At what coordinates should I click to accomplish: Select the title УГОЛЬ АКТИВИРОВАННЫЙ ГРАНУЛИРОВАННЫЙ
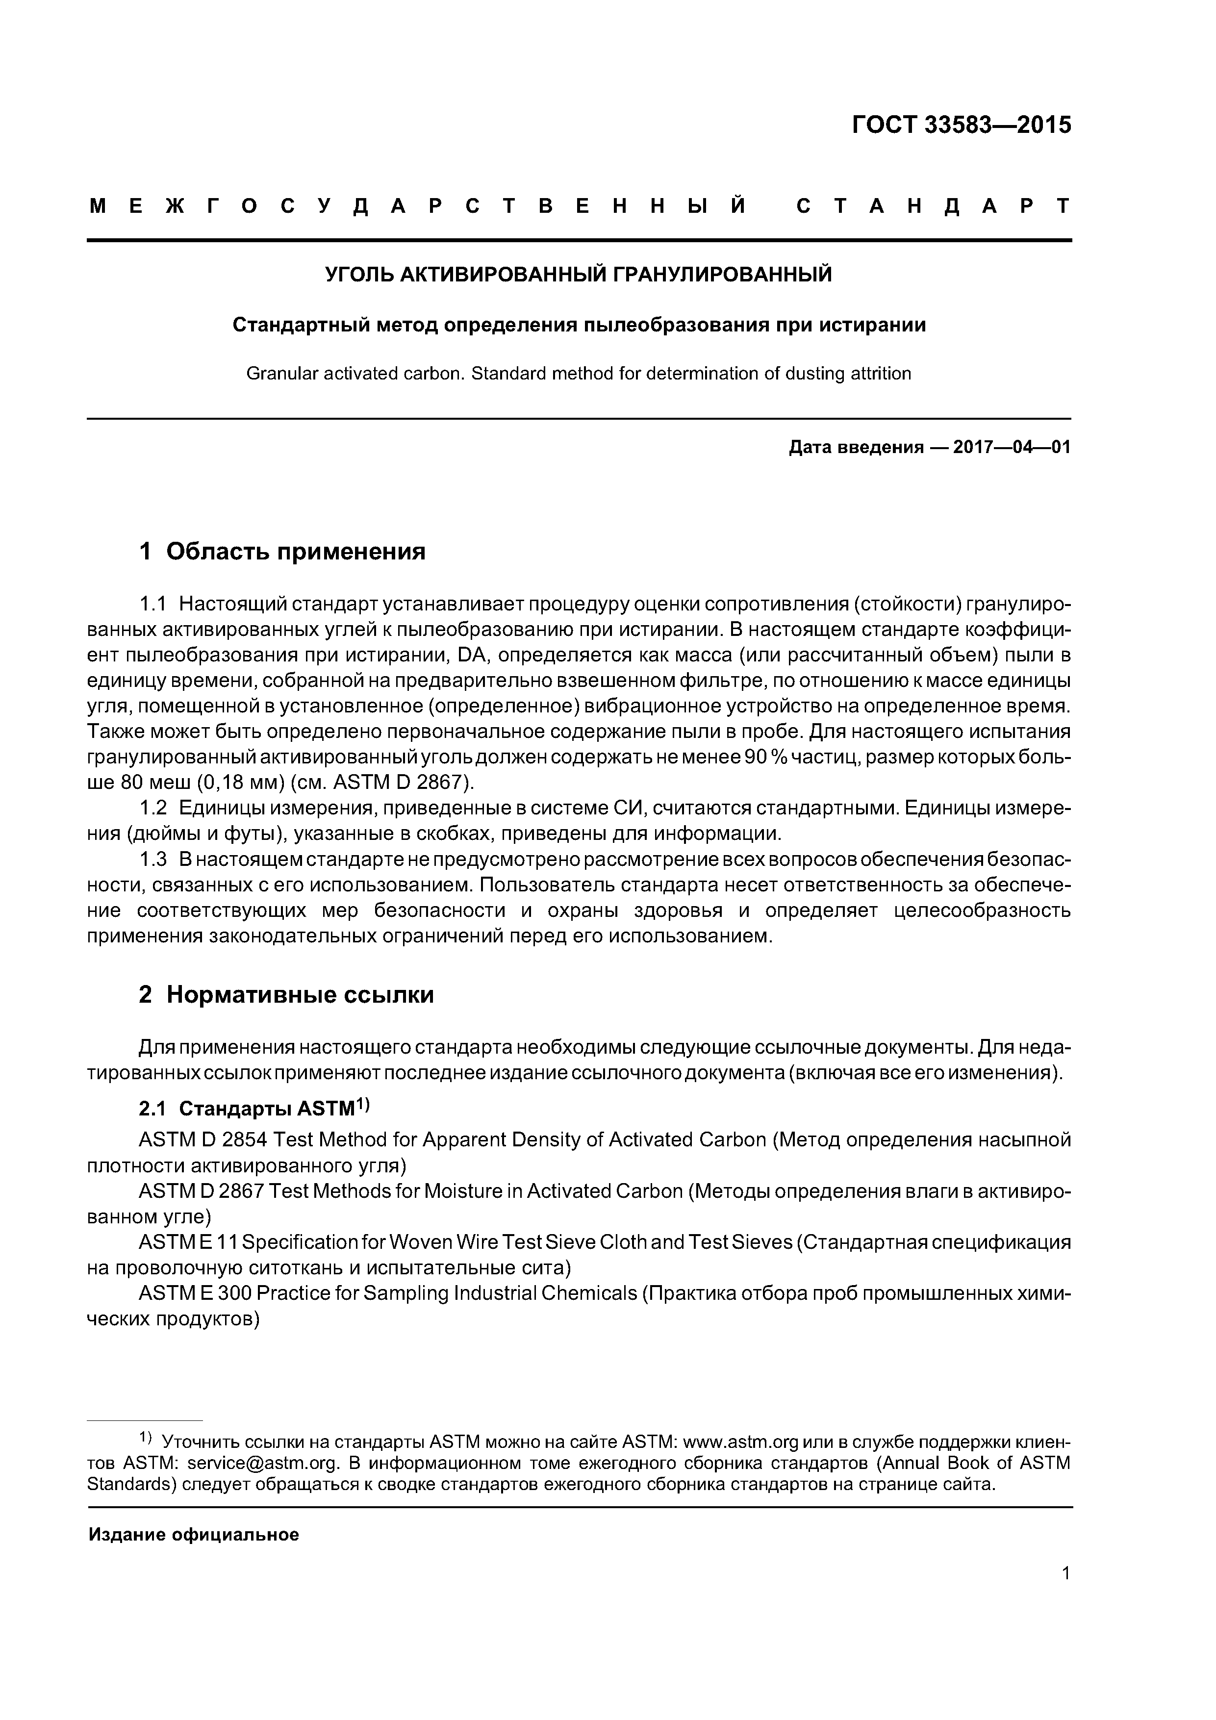[579, 275]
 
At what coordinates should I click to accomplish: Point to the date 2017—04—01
[1012, 448]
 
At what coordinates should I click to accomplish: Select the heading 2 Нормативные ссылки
[286, 995]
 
